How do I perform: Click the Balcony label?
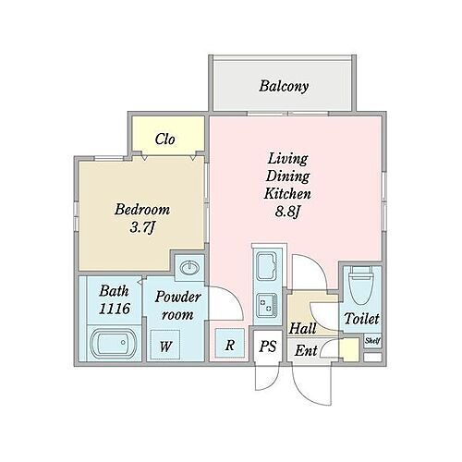pyautogui.click(x=284, y=86)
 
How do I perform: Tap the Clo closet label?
pyautogui.click(x=164, y=140)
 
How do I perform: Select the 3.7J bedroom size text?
pyautogui.click(x=142, y=228)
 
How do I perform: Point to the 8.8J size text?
pyautogui.click(x=287, y=212)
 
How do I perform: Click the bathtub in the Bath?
pyautogui.click(x=114, y=343)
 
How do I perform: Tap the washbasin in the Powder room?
pyautogui.click(x=189, y=268)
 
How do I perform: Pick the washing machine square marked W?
pyautogui.click(x=164, y=345)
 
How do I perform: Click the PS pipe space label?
pyautogui.click(x=267, y=346)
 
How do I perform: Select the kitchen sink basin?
pyautogui.click(x=267, y=266)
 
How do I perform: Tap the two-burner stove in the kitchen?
pyautogui.click(x=267, y=305)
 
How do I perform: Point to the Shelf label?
pyautogui.click(x=372, y=341)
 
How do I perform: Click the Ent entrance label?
pyautogui.click(x=306, y=350)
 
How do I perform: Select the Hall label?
pyautogui.click(x=302, y=329)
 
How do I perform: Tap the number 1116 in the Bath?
pyautogui.click(x=115, y=309)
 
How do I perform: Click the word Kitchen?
pyautogui.click(x=287, y=194)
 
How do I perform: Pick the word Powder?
pyautogui.click(x=178, y=297)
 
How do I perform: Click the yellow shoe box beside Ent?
pyautogui.click(x=350, y=349)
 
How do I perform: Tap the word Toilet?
pyautogui.click(x=361, y=319)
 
